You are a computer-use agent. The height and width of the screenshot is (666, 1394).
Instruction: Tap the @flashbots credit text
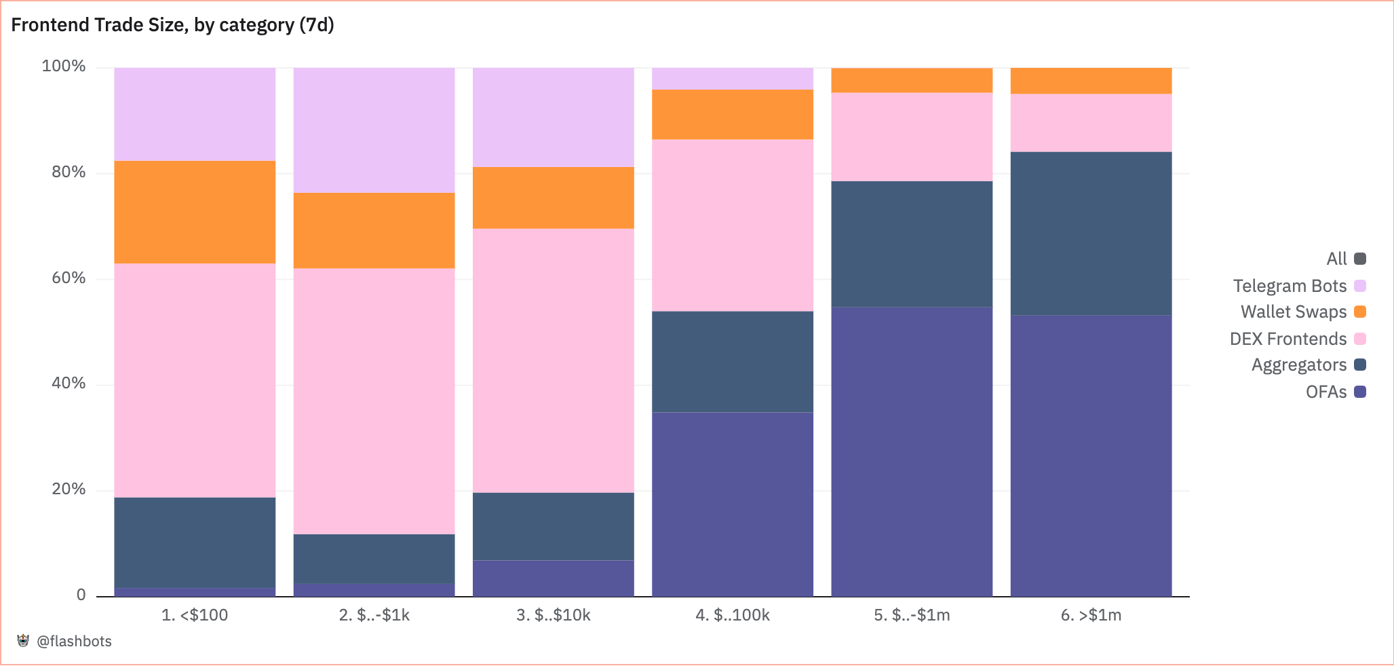point(73,641)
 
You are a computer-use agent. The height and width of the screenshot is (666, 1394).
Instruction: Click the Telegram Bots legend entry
point(1290,286)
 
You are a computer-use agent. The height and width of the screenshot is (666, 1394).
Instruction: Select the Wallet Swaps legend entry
point(1294,312)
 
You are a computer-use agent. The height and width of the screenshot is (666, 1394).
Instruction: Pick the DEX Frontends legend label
point(1287,339)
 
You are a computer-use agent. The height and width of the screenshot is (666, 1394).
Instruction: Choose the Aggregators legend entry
point(1298,365)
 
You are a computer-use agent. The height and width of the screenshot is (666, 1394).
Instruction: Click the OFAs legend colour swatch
point(1359,392)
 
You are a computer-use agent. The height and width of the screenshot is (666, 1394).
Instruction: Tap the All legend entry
point(1336,259)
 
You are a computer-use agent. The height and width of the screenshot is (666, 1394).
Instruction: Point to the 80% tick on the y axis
point(69,172)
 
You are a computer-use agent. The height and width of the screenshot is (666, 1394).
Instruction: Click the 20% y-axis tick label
point(69,489)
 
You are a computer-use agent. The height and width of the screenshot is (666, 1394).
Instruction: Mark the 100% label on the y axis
point(64,66)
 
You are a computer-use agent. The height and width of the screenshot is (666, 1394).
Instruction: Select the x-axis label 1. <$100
point(195,615)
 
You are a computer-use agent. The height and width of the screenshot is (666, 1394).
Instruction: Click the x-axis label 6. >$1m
point(1091,615)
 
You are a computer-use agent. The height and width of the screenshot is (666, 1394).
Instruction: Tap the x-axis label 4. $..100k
point(733,615)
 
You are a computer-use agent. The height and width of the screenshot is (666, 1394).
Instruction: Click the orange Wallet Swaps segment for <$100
point(195,212)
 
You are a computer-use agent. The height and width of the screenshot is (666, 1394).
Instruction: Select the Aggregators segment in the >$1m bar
point(1091,233)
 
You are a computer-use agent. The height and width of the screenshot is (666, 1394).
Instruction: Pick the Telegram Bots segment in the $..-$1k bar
point(374,130)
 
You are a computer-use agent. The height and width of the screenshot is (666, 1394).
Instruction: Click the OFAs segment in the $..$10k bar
point(553,578)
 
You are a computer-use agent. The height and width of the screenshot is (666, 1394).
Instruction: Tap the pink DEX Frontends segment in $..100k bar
point(733,225)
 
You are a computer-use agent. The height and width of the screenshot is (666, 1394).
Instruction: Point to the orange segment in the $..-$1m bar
point(912,80)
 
